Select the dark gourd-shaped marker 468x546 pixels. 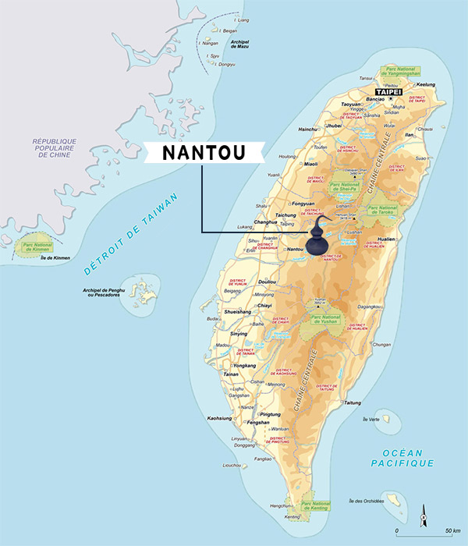click(x=317, y=236)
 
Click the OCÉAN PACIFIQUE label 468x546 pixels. click(x=402, y=458)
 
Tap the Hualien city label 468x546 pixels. click(x=388, y=239)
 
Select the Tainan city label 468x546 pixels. click(x=231, y=374)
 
